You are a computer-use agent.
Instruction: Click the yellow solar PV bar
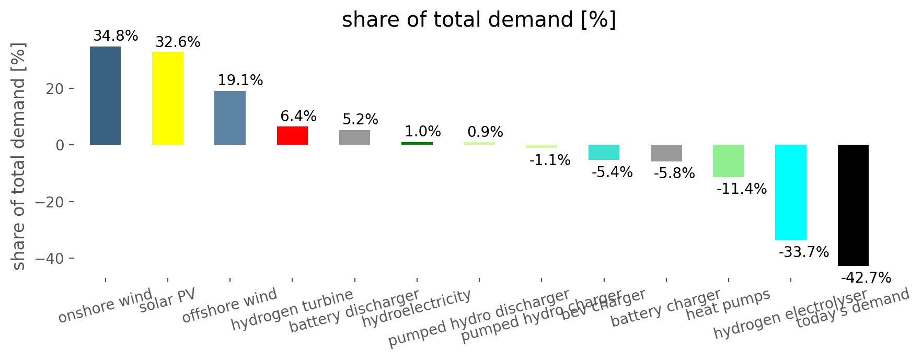pyautogui.click(x=168, y=98)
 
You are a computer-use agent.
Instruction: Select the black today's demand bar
pyautogui.click(x=853, y=205)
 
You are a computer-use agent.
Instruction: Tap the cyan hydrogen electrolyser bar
pyautogui.click(x=790, y=192)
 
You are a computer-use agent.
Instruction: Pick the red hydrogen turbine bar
pyautogui.click(x=292, y=135)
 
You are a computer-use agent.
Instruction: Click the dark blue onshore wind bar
pyautogui.click(x=105, y=96)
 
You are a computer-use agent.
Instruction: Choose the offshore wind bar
pyautogui.click(x=230, y=118)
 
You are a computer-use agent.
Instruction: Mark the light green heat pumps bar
pyautogui.click(x=728, y=161)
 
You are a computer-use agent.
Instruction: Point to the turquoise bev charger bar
pyautogui.click(x=604, y=152)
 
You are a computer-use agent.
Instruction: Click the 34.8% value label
pyautogui.click(x=116, y=36)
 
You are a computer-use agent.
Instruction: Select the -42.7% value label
pyautogui.click(x=866, y=278)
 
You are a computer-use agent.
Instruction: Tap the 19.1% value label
pyautogui.click(x=240, y=80)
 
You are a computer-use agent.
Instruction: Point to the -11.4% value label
pyautogui.click(x=741, y=189)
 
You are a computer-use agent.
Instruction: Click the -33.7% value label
pyautogui.click(x=803, y=252)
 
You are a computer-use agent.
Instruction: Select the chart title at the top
pyautogui.click(x=479, y=20)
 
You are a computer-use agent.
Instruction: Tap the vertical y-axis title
pyautogui.click(x=18, y=157)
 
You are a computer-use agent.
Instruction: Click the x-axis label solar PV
pyautogui.click(x=167, y=301)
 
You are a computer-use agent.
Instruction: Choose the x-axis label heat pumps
pyautogui.click(x=728, y=304)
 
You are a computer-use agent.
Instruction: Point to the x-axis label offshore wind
pyautogui.click(x=229, y=305)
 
